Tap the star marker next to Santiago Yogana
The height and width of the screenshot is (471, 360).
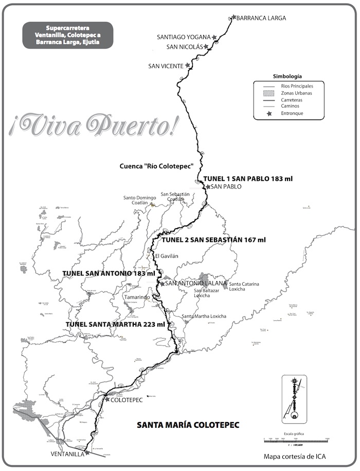[x=214, y=38]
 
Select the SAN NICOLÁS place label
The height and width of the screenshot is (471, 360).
[x=185, y=47]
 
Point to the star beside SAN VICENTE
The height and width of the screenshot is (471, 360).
[x=188, y=66]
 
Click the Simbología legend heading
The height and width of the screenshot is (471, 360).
[x=287, y=75]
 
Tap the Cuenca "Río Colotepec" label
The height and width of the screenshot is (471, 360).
[x=156, y=166]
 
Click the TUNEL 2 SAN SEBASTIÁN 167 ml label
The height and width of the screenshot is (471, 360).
[x=213, y=240]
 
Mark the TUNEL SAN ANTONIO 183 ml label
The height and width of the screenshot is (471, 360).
[x=108, y=273]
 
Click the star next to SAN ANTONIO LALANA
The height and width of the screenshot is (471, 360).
[x=163, y=284]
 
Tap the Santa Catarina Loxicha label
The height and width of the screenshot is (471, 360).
[x=244, y=286]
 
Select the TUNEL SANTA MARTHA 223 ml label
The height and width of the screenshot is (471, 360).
[x=115, y=324]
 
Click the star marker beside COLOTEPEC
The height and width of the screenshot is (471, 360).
[x=107, y=399]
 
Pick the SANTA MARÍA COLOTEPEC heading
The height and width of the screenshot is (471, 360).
[x=188, y=426]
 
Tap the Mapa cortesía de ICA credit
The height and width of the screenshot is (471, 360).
[x=294, y=456]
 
